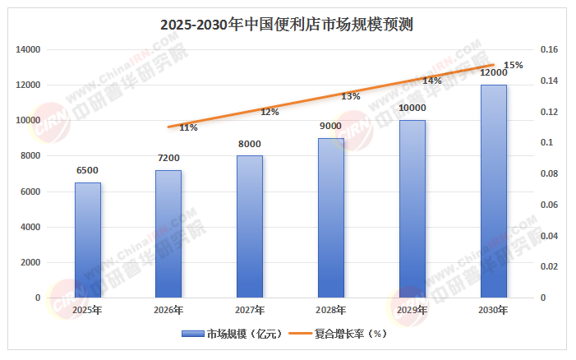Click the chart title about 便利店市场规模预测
pos(288,24)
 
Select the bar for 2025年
pos(88,239)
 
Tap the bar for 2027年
pos(250,226)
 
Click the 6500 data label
pos(88,171)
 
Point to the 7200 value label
pos(168,158)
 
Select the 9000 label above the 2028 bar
pos(330,126)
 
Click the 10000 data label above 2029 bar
pos(412,108)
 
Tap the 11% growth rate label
pos(188,127)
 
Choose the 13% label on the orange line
pos(351,96)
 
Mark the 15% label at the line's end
pos(514,65)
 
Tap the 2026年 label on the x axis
pos(168,311)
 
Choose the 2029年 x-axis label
pos(412,311)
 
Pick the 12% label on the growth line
pos(270,112)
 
